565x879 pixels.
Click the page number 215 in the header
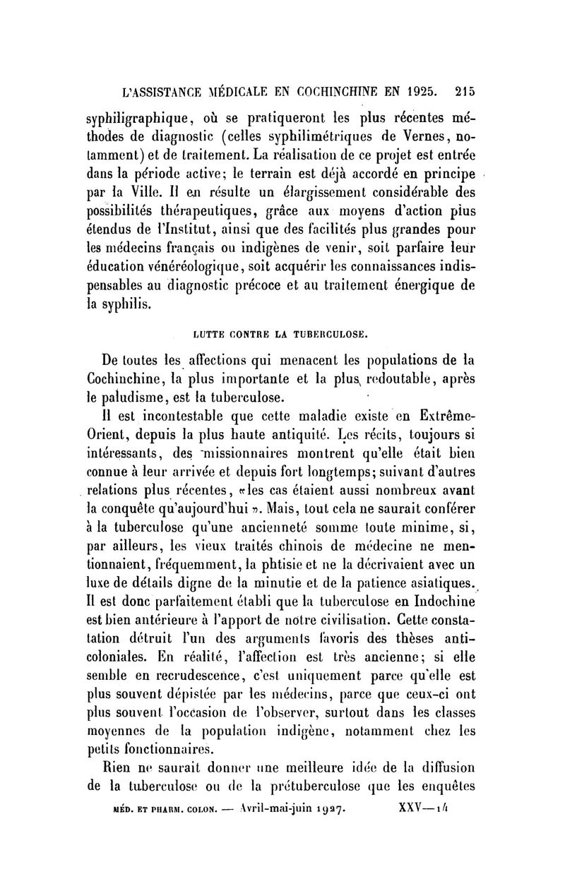(465, 90)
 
